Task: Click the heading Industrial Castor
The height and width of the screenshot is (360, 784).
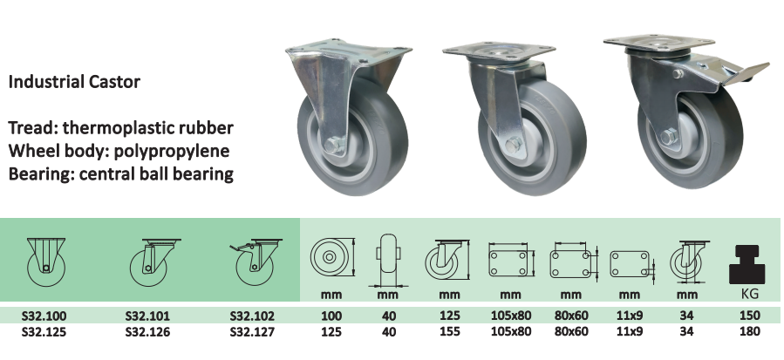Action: [x=74, y=82]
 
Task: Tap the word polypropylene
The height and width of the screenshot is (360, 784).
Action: [x=172, y=151]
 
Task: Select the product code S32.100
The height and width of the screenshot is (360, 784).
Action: [x=44, y=316]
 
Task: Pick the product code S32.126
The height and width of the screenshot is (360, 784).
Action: [x=147, y=331]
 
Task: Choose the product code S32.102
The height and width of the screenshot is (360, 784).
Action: [x=252, y=316]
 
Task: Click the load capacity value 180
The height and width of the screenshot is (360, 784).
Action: [x=749, y=331]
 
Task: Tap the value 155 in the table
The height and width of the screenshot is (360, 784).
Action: [x=449, y=331]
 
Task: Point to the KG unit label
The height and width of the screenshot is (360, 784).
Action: [x=749, y=294]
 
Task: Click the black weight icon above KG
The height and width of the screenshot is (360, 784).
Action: [x=747, y=265]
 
